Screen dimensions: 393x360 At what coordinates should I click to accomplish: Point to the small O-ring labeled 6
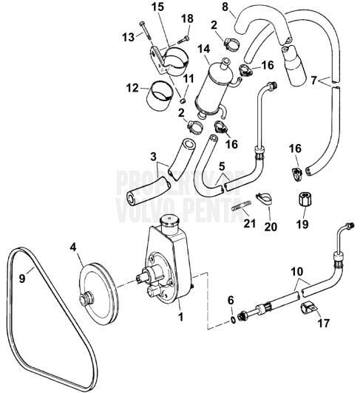pyautogui.click(x=233, y=318)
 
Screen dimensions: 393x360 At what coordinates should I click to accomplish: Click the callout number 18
pyautogui.click(x=187, y=18)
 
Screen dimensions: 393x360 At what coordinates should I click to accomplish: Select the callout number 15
pyautogui.click(x=157, y=6)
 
